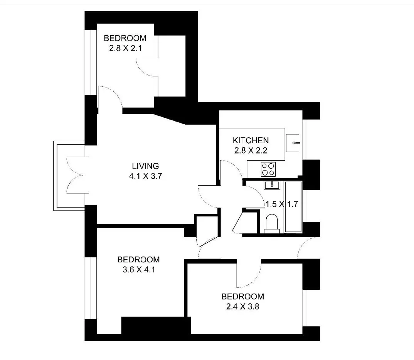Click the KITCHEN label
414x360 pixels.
point(251,140)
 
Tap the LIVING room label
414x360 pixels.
point(145,166)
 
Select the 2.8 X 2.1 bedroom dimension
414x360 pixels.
point(125,48)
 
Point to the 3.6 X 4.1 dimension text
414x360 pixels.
point(139,270)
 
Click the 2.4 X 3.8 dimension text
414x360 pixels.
point(242,307)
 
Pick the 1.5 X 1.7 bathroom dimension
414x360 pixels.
point(282,204)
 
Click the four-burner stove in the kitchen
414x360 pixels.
point(268,169)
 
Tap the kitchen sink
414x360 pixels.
point(293,143)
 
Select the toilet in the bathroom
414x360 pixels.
point(272,224)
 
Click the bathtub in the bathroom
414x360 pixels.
point(293,207)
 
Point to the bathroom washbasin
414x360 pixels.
point(272,185)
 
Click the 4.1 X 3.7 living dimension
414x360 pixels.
point(145,176)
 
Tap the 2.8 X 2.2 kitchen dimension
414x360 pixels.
point(251,150)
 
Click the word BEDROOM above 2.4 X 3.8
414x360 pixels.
point(242,297)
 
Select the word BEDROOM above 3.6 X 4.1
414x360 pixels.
point(139,260)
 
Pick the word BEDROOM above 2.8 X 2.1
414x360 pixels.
point(125,38)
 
